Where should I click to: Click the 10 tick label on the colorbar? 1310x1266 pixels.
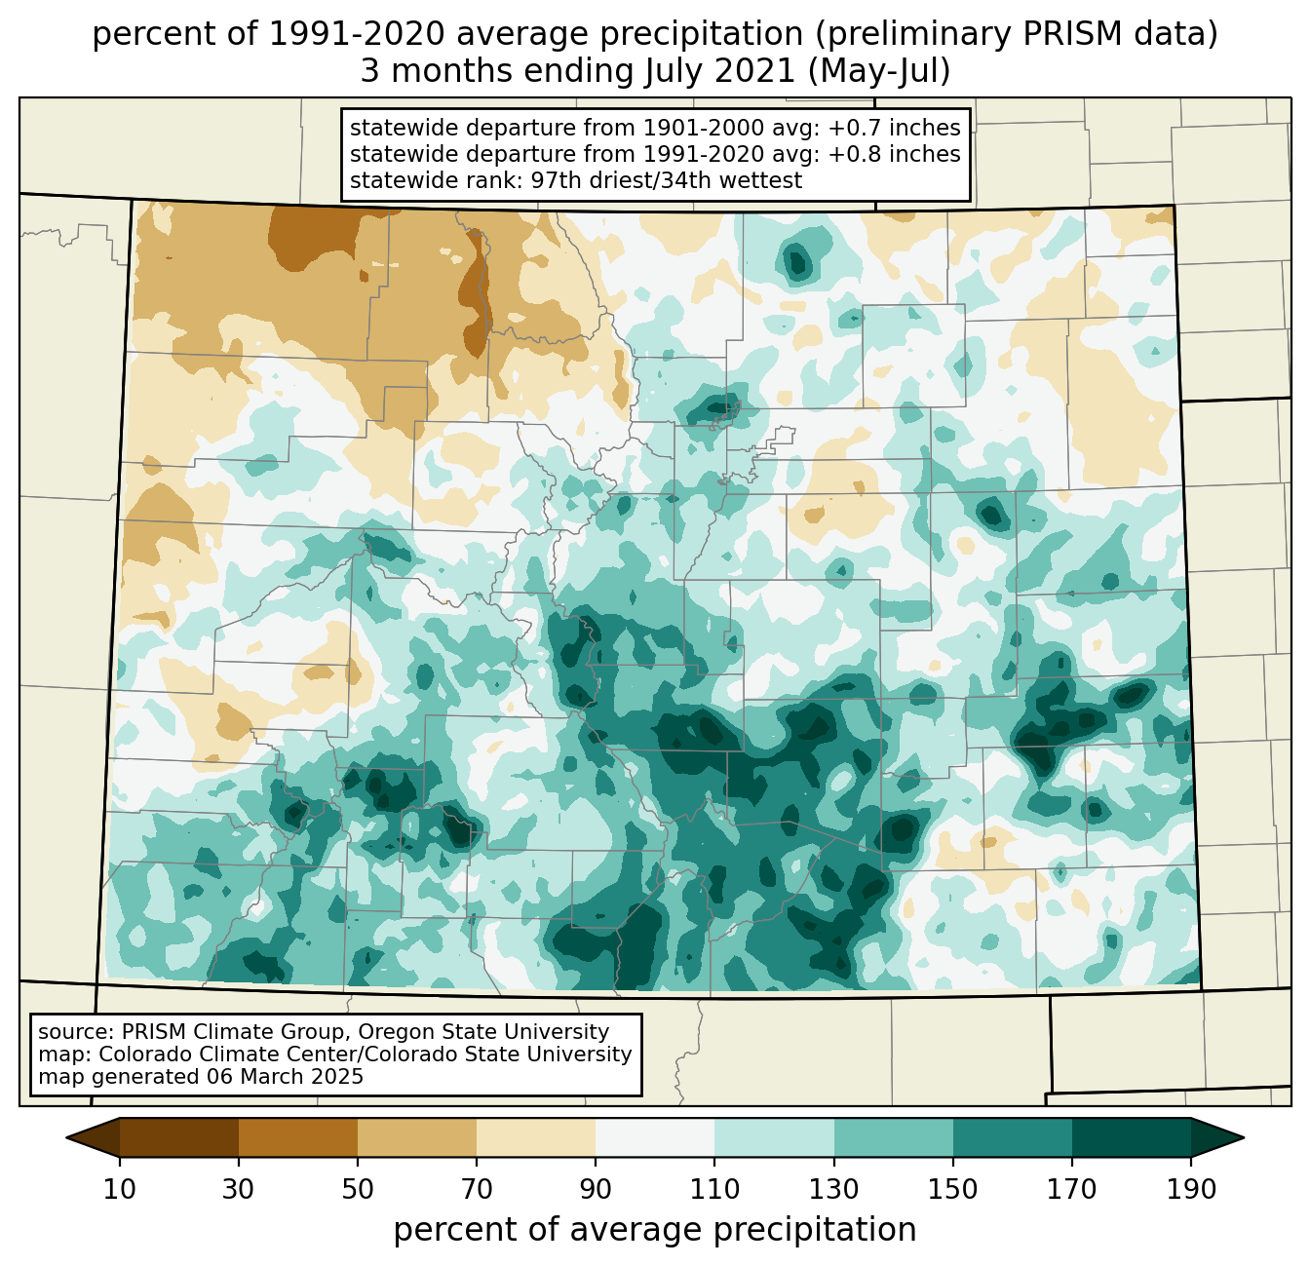(x=120, y=1190)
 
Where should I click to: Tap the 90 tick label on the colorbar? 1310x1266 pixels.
(x=596, y=1190)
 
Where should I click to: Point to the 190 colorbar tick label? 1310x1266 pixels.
(x=1191, y=1190)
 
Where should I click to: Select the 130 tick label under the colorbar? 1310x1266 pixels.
(x=834, y=1190)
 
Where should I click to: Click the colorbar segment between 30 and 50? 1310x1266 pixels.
(x=298, y=1137)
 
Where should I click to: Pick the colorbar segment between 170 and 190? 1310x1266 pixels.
(x=1132, y=1137)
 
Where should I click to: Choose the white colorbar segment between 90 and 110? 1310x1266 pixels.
(x=655, y=1137)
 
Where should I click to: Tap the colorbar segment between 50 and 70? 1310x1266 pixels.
(x=417, y=1137)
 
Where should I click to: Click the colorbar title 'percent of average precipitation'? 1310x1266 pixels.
(x=655, y=1230)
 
